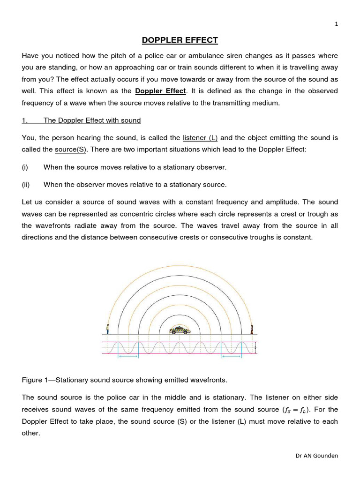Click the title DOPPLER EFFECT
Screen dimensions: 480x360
click(x=180, y=40)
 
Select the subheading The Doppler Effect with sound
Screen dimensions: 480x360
click(x=92, y=120)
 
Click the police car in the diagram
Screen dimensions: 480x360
click(x=180, y=330)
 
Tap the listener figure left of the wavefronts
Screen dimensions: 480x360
click(x=107, y=329)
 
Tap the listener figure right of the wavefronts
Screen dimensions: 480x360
click(x=252, y=329)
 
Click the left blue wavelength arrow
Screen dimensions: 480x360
click(x=128, y=357)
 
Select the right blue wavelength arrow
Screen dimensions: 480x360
click(x=232, y=357)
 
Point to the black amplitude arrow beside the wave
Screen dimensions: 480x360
click(x=256, y=347)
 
